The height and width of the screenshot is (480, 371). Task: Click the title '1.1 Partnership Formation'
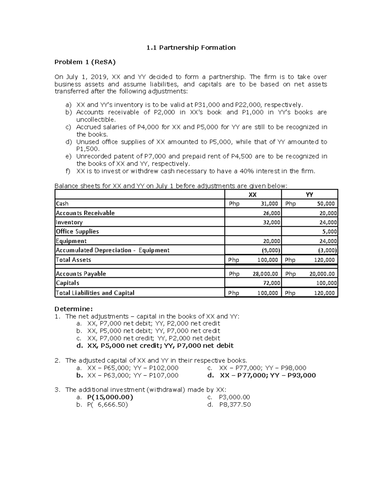click(191, 47)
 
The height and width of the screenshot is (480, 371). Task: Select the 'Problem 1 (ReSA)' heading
click(85, 62)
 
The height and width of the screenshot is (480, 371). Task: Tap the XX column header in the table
click(253, 194)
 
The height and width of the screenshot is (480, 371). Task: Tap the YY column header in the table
click(309, 194)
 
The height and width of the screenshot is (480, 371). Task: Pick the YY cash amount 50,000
click(326, 204)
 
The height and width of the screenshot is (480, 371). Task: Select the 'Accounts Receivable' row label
click(85, 213)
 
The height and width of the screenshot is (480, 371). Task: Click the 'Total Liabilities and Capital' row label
click(95, 293)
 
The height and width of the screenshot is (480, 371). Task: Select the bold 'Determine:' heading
click(74, 309)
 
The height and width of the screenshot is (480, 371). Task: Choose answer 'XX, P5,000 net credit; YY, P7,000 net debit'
click(160, 346)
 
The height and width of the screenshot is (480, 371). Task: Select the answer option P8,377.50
click(235, 405)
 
